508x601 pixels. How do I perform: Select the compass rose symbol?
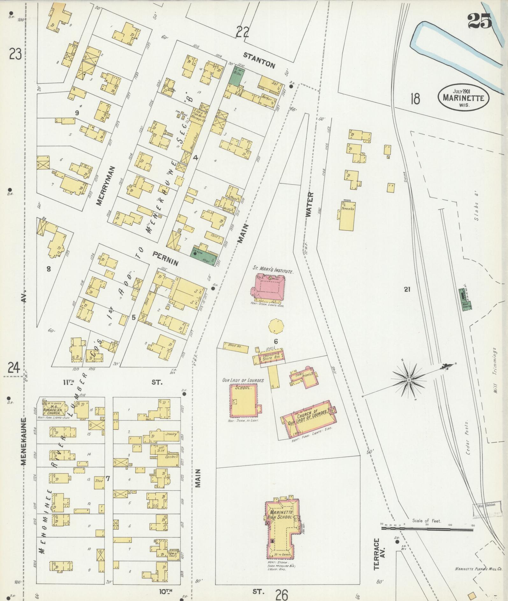click(x=409, y=380)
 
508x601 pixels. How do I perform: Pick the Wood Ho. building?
click(x=236, y=346)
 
